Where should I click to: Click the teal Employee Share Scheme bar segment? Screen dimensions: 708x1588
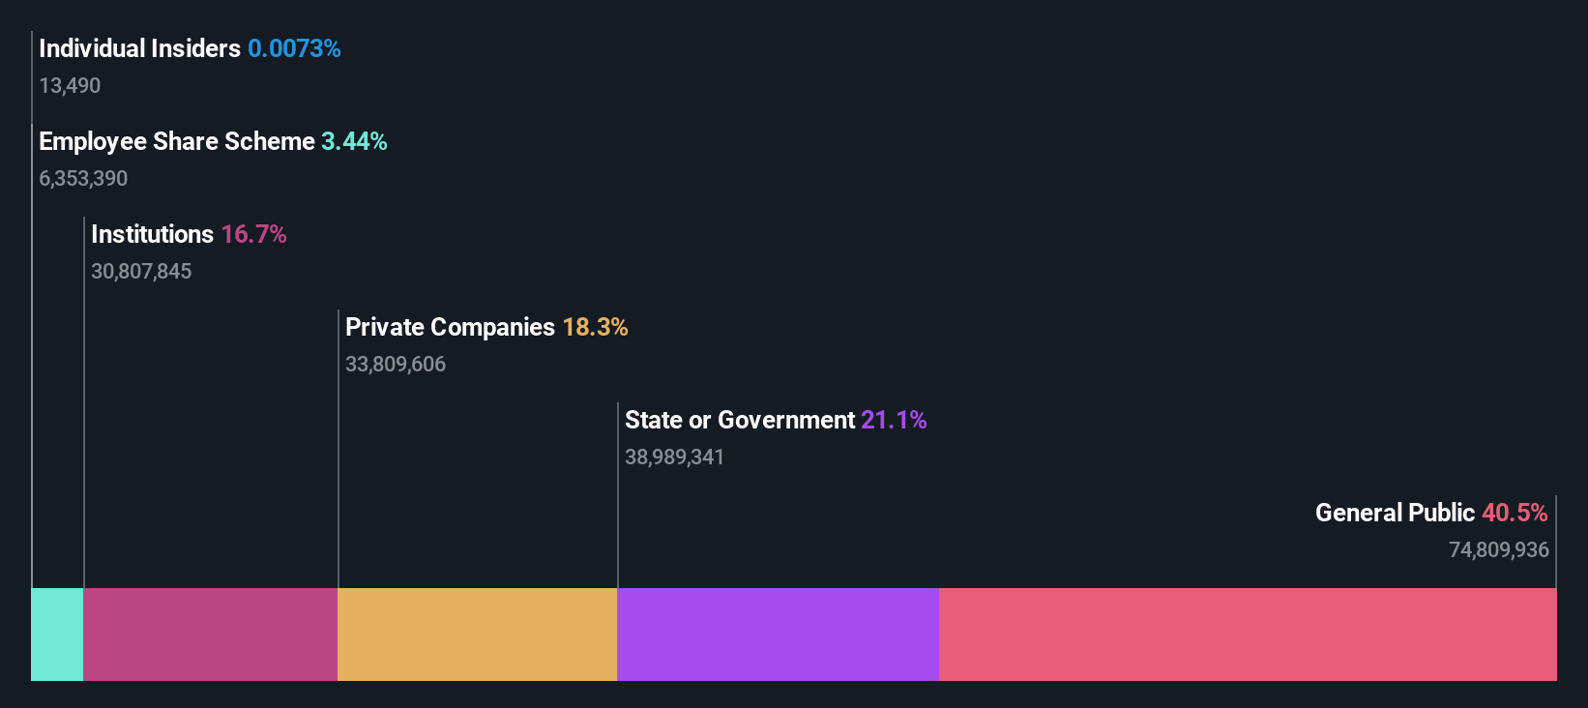pyautogui.click(x=57, y=634)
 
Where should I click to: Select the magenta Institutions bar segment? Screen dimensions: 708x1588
pyautogui.click(x=211, y=634)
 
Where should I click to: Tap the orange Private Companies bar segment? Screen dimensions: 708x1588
pyautogui.click(x=477, y=634)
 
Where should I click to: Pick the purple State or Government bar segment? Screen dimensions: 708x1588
pyautogui.click(x=778, y=634)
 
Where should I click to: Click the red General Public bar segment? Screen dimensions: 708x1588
pyautogui.click(x=1248, y=634)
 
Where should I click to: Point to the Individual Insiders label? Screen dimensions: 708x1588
pyautogui.click(x=139, y=48)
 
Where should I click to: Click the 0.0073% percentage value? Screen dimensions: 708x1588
pyautogui.click(x=294, y=48)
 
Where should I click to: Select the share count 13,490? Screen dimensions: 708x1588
pyautogui.click(x=70, y=86)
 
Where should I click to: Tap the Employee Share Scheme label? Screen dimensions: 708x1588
pyautogui.click(x=177, y=141)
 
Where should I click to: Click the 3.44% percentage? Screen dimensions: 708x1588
pyautogui.click(x=354, y=141)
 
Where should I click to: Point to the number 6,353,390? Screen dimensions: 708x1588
pyautogui.click(x=83, y=179)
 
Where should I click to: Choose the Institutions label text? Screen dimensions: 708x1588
pyautogui.click(x=152, y=234)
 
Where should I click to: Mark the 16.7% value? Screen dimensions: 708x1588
pyautogui.click(x=253, y=234)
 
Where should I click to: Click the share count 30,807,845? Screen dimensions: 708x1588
pyautogui.click(x=141, y=272)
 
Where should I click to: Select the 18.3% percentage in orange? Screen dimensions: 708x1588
pyautogui.click(x=595, y=327)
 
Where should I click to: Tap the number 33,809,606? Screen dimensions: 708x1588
pyautogui.click(x=396, y=365)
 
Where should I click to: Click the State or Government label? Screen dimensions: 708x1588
pyautogui.click(x=740, y=420)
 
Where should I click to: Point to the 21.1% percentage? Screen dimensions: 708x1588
pyautogui.click(x=894, y=420)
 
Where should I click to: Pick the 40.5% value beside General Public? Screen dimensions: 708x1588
pyautogui.click(x=1514, y=513)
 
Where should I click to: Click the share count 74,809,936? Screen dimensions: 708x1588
pyautogui.click(x=1498, y=550)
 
